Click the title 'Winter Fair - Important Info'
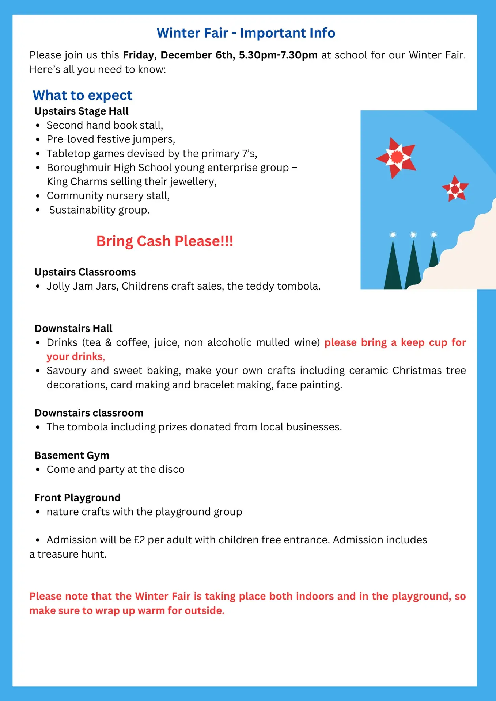[x=246, y=33]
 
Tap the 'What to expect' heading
[x=82, y=95]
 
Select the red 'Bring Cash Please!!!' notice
[x=164, y=241]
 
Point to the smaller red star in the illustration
[x=455, y=189]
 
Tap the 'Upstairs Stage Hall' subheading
[x=82, y=111]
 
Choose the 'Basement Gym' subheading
[x=72, y=455]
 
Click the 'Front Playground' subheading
[x=77, y=498]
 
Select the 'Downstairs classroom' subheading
[x=89, y=413]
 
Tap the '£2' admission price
[x=139, y=540]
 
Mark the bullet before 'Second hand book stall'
[x=38, y=126]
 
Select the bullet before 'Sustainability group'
[x=38, y=210]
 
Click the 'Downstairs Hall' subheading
[x=73, y=329]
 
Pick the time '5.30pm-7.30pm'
[x=278, y=55]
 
